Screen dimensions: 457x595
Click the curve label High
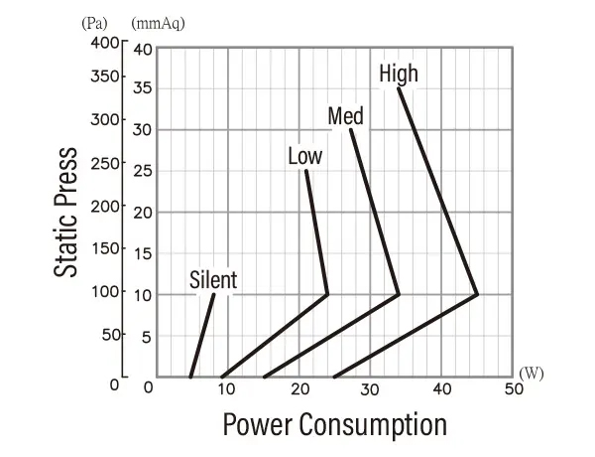(399, 74)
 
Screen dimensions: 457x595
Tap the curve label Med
(345, 116)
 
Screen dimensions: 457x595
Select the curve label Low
(304, 156)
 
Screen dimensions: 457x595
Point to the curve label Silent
(213, 280)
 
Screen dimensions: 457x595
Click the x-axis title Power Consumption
(334, 424)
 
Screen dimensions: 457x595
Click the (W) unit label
(531, 373)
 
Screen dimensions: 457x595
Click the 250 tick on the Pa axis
(104, 163)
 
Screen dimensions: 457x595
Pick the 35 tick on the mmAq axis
(143, 88)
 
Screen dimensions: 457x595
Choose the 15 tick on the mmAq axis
(143, 254)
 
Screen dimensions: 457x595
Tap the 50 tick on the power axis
(513, 388)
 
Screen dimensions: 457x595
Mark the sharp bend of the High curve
(477, 294)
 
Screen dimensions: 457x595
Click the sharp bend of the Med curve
(399, 294)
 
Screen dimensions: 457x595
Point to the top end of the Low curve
(305, 171)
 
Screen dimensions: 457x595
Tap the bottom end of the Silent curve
(190, 377)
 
